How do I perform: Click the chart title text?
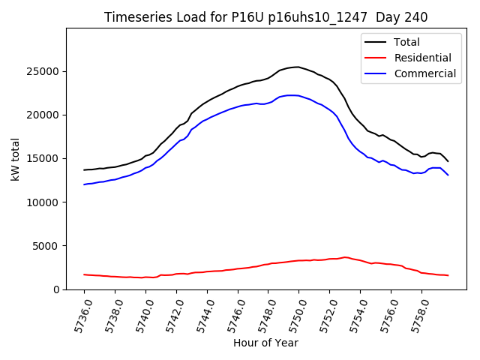[266, 17]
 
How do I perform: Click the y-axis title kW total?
[15, 159]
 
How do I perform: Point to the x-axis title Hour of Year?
[265, 343]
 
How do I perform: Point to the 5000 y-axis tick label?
[47, 246]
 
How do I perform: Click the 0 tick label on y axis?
[56, 289]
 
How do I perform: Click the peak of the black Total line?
[298, 67]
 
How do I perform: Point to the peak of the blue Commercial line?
[292, 95]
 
